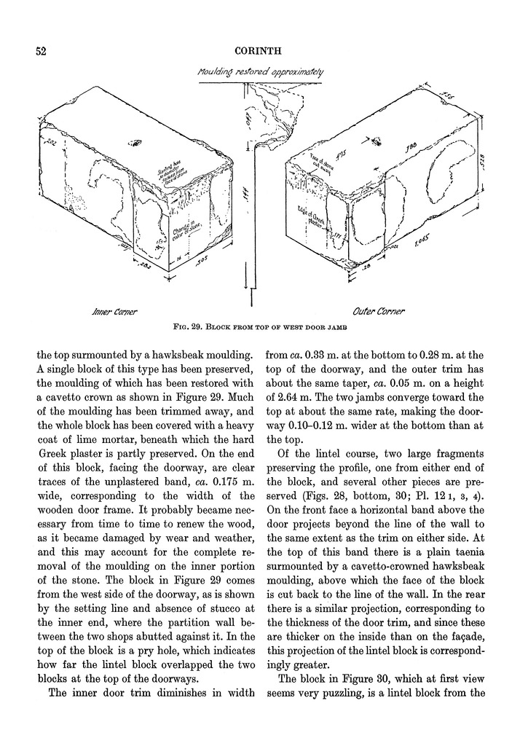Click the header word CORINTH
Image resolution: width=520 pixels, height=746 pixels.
259,52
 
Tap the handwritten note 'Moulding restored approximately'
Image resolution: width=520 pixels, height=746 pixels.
260,73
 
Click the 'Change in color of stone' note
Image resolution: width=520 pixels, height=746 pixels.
181,234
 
